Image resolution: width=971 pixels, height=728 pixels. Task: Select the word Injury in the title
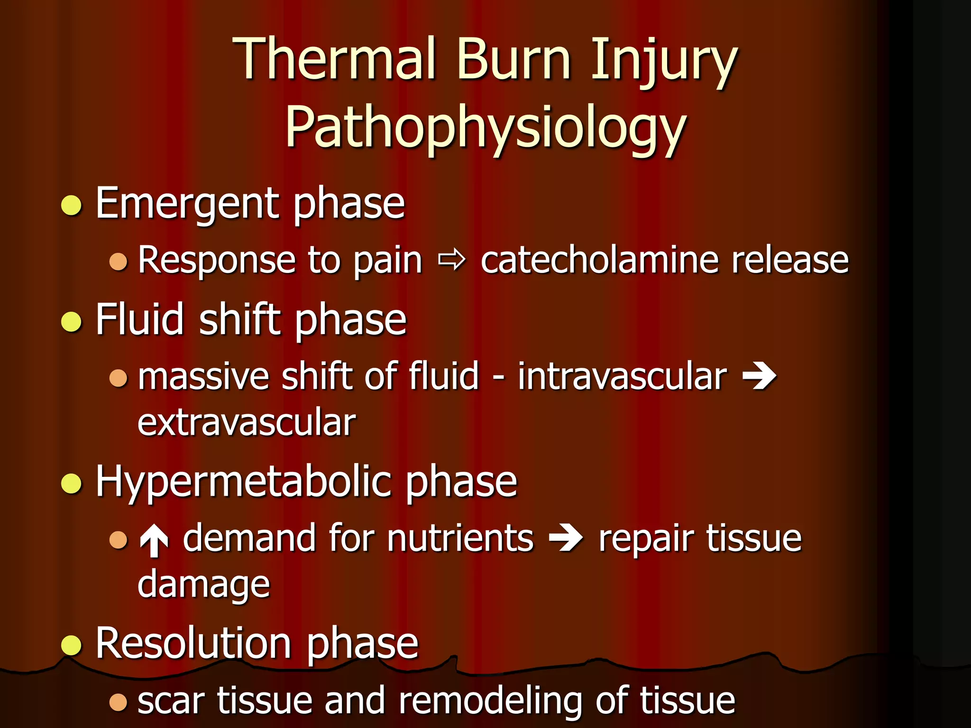[x=664, y=62]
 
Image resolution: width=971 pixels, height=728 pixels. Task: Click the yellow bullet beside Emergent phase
[x=72, y=205]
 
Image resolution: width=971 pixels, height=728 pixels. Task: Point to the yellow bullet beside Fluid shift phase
[x=72, y=322]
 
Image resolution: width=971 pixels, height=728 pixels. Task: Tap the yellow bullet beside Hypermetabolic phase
[x=72, y=483]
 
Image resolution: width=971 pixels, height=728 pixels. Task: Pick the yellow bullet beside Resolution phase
[x=72, y=645]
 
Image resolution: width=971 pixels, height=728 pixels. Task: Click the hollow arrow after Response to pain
[x=452, y=260]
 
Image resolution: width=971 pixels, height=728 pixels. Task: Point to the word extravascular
[x=247, y=422]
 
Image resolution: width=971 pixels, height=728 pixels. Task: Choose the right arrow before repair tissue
[x=565, y=539]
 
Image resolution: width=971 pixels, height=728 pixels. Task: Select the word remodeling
[x=490, y=701]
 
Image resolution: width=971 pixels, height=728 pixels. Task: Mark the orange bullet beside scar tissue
[x=118, y=702]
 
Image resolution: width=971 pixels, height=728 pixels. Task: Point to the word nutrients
[x=460, y=538]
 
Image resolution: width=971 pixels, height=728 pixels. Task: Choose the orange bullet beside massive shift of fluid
[x=118, y=378]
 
